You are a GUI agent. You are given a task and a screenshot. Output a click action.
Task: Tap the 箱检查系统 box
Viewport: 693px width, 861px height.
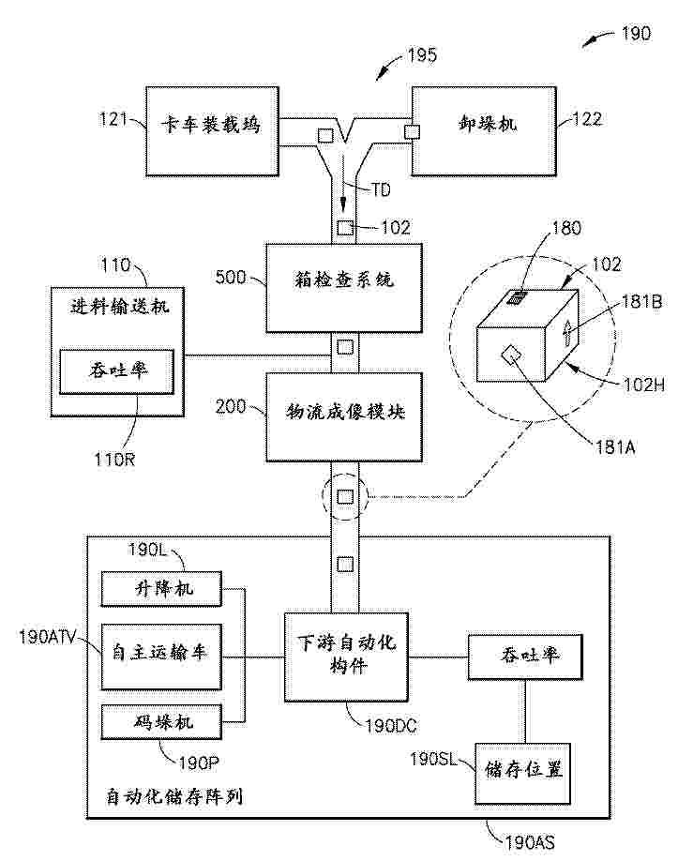click(x=343, y=287)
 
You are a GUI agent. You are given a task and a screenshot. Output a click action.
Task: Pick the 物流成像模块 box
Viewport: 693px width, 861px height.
click(x=343, y=416)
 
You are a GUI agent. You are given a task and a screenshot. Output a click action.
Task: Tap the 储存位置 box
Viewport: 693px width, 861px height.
click(x=523, y=772)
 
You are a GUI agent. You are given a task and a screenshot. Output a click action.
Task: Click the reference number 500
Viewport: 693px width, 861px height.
click(x=232, y=279)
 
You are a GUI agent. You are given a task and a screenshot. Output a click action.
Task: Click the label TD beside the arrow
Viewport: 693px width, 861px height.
click(x=380, y=190)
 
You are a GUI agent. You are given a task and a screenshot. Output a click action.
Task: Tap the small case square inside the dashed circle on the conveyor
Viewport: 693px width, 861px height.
click(x=344, y=493)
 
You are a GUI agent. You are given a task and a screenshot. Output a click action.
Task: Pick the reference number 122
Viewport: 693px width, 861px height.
click(x=586, y=118)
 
